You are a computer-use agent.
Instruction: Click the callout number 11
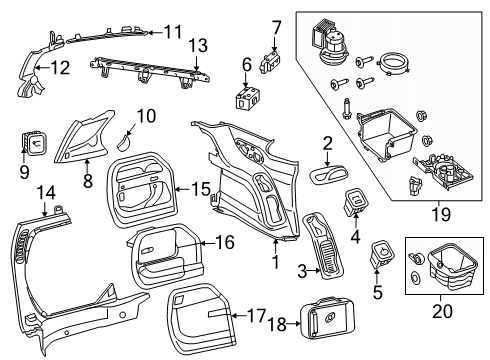click(174, 31)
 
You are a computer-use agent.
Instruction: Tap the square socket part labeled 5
click(381, 254)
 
